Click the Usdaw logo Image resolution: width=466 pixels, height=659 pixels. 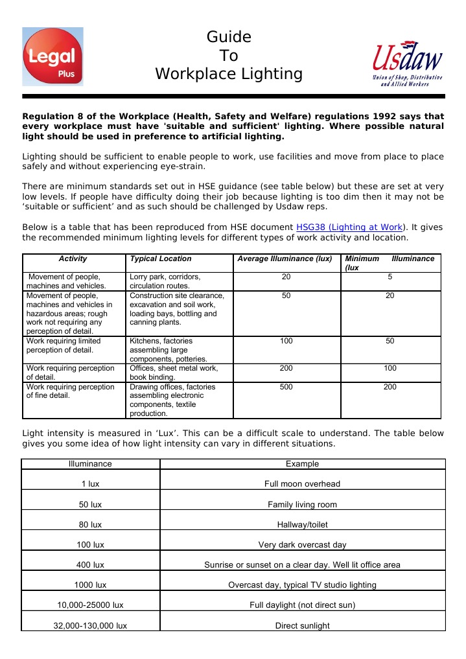point(407,64)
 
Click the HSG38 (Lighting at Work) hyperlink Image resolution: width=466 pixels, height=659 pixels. point(350,227)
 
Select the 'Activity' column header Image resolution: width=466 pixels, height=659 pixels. point(73,259)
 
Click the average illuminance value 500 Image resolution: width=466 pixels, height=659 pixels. point(286,387)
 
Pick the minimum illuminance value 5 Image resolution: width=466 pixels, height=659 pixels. point(390,277)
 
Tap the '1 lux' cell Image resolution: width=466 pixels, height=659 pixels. point(90,484)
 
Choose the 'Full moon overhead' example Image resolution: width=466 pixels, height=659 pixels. point(302,484)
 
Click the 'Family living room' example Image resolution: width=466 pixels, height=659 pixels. point(302,505)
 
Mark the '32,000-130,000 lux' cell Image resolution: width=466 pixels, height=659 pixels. point(90,626)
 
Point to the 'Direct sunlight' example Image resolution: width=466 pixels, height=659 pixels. point(302,626)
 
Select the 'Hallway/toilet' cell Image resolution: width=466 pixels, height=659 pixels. point(302,525)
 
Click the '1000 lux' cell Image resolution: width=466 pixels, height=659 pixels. point(90,585)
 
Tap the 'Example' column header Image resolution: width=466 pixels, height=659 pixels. point(302,464)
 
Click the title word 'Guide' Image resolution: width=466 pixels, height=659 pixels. point(229,37)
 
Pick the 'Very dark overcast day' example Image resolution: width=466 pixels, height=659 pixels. point(302,545)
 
